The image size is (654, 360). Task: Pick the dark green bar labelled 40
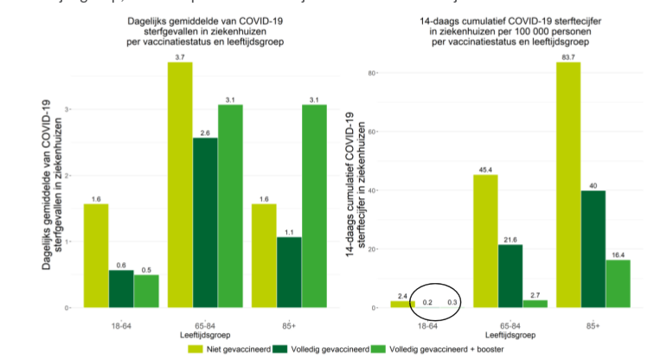point(593,248)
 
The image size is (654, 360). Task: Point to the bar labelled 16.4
point(618,283)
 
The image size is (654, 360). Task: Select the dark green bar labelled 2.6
point(205,222)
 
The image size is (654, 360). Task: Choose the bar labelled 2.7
point(534,304)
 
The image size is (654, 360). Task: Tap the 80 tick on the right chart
point(374,73)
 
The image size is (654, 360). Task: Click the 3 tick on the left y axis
point(68,109)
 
